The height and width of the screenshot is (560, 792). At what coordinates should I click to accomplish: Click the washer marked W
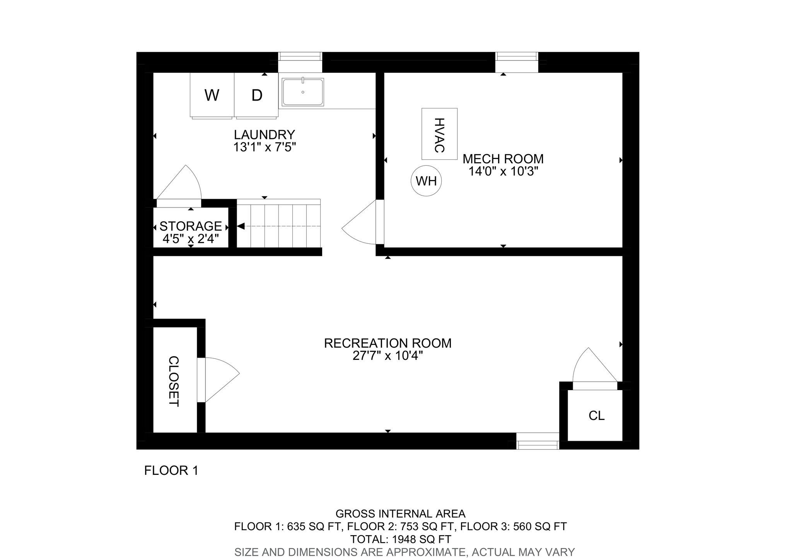click(x=212, y=95)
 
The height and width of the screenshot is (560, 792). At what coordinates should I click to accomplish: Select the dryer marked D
click(x=256, y=95)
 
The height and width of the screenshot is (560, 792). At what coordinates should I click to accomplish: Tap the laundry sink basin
click(x=303, y=92)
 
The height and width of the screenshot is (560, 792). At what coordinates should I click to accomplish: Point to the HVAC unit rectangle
click(x=439, y=134)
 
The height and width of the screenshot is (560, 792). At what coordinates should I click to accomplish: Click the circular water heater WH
click(x=426, y=181)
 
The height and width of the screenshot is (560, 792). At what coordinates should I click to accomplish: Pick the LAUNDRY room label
click(x=265, y=135)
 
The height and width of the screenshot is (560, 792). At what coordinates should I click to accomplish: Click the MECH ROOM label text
click(x=503, y=159)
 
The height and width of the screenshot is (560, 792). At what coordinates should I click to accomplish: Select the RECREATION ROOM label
click(x=388, y=343)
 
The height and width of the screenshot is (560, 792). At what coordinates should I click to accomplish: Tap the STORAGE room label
click(x=191, y=226)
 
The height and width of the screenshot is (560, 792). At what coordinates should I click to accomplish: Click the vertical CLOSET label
click(x=174, y=382)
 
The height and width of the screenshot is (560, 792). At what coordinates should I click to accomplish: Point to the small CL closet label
click(x=596, y=416)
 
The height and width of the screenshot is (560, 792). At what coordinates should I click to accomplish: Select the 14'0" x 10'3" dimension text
click(x=504, y=171)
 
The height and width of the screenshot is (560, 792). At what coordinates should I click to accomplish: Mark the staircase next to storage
click(x=278, y=223)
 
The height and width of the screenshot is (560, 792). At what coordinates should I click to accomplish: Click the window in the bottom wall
click(x=538, y=441)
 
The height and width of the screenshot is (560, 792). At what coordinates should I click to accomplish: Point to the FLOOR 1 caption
click(x=171, y=471)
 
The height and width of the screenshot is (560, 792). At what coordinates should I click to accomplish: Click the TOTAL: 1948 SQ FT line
click(x=401, y=539)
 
